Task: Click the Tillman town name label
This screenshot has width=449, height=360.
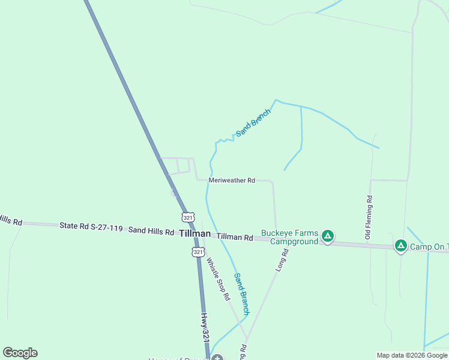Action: (x=195, y=233)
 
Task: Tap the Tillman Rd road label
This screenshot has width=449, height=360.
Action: (x=235, y=238)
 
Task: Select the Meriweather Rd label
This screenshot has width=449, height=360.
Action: (x=232, y=180)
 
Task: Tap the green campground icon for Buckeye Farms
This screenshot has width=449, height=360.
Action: (x=328, y=236)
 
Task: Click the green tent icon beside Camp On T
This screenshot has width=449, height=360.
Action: (x=401, y=246)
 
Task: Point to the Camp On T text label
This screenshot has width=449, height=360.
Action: (x=430, y=247)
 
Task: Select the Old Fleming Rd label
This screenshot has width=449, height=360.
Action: (x=369, y=217)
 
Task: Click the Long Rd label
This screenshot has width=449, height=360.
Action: (x=282, y=260)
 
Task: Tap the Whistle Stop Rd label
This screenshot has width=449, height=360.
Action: (x=218, y=279)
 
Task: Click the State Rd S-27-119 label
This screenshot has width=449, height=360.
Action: (x=91, y=227)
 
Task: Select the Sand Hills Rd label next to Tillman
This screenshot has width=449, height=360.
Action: (x=151, y=230)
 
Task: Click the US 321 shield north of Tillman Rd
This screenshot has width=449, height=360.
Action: (x=188, y=217)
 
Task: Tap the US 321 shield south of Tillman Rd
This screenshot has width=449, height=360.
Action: (x=198, y=252)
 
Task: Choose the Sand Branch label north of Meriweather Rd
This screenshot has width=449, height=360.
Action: (x=253, y=122)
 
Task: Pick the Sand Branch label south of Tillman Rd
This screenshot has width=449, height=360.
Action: (x=241, y=294)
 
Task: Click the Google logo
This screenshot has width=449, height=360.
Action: (x=20, y=353)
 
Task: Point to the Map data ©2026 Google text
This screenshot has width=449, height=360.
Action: (x=412, y=355)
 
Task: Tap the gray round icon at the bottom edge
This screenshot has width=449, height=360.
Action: (x=217, y=358)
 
